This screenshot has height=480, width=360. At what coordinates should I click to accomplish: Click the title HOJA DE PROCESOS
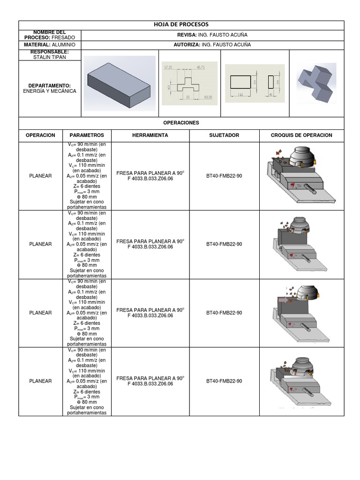[181, 24]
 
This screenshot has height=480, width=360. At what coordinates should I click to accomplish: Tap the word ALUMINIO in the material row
[67, 45]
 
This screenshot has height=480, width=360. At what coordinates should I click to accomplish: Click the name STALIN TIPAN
[50, 57]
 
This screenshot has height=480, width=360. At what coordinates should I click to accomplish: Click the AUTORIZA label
[187, 45]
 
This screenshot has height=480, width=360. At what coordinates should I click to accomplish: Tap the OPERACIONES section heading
[181, 123]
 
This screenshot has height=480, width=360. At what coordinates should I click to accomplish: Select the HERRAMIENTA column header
[150, 135]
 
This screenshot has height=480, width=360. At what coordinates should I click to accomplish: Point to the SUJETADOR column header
[224, 135]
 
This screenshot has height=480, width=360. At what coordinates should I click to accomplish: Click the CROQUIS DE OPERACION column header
[301, 135]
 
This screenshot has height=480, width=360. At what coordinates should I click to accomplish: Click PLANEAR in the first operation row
[40, 176]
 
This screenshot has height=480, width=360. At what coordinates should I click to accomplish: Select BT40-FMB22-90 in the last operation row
[224, 381]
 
